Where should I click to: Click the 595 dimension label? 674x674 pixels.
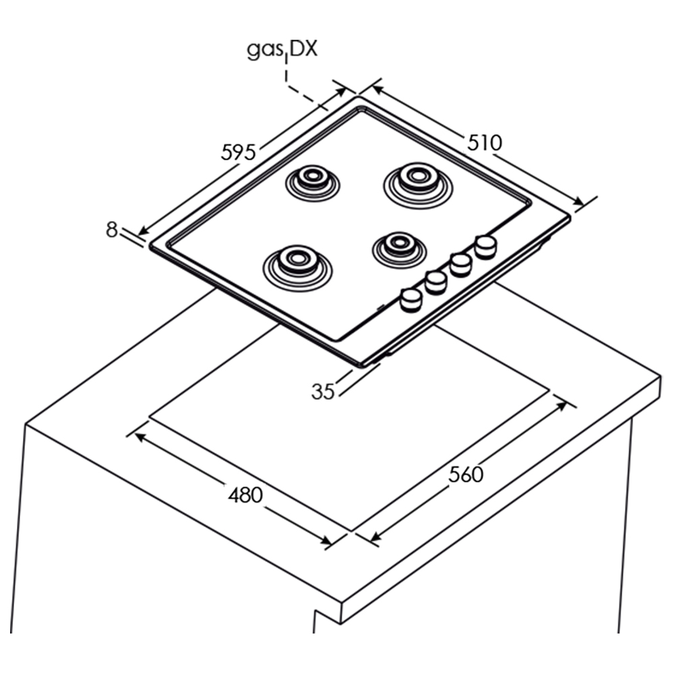238,152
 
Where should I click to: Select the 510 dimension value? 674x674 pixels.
485,142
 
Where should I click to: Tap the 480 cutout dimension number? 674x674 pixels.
245,495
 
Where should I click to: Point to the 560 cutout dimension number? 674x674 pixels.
466,474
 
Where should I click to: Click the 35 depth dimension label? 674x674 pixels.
323,392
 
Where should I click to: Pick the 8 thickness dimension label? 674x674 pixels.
111,230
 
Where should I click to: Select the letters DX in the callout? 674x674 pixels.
303,49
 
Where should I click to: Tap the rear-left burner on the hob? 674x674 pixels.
313,183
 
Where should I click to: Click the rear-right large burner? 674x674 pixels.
418,185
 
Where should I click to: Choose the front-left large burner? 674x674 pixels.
297,268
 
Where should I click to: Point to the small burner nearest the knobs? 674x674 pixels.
399,250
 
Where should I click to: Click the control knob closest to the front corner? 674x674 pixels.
411,299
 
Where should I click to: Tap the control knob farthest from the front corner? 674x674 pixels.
486,247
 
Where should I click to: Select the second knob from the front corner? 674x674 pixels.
436,282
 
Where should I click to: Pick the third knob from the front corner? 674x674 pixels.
461,264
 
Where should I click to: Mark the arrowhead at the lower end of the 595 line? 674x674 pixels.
144,231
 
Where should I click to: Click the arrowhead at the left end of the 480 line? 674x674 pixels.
140,437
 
